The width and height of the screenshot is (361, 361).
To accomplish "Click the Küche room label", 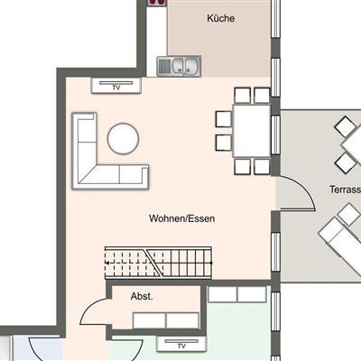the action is [220, 18].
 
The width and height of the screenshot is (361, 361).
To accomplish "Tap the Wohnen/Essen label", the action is [182, 218].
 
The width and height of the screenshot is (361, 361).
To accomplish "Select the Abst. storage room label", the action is [142, 296].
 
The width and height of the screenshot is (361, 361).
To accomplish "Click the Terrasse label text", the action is [346, 190].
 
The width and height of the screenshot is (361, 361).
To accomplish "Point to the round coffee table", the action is [124, 139].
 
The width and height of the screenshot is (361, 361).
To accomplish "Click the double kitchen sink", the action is [179, 66].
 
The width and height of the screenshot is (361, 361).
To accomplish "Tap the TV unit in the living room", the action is [116, 86].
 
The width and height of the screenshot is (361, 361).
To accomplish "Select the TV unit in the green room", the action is [181, 344].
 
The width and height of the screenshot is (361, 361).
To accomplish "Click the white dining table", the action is [252, 130].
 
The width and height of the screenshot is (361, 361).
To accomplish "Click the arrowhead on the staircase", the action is [107, 263].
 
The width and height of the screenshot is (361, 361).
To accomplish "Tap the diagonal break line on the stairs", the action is [153, 263].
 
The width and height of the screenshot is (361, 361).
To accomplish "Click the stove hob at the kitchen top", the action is [157, 3].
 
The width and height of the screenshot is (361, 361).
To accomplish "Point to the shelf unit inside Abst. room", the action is [166, 320].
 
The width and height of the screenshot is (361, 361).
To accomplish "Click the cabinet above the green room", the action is [237, 294].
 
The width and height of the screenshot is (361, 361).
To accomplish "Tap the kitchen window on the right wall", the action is [275, 19].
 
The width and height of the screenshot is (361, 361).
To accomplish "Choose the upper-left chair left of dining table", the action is [224, 119].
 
